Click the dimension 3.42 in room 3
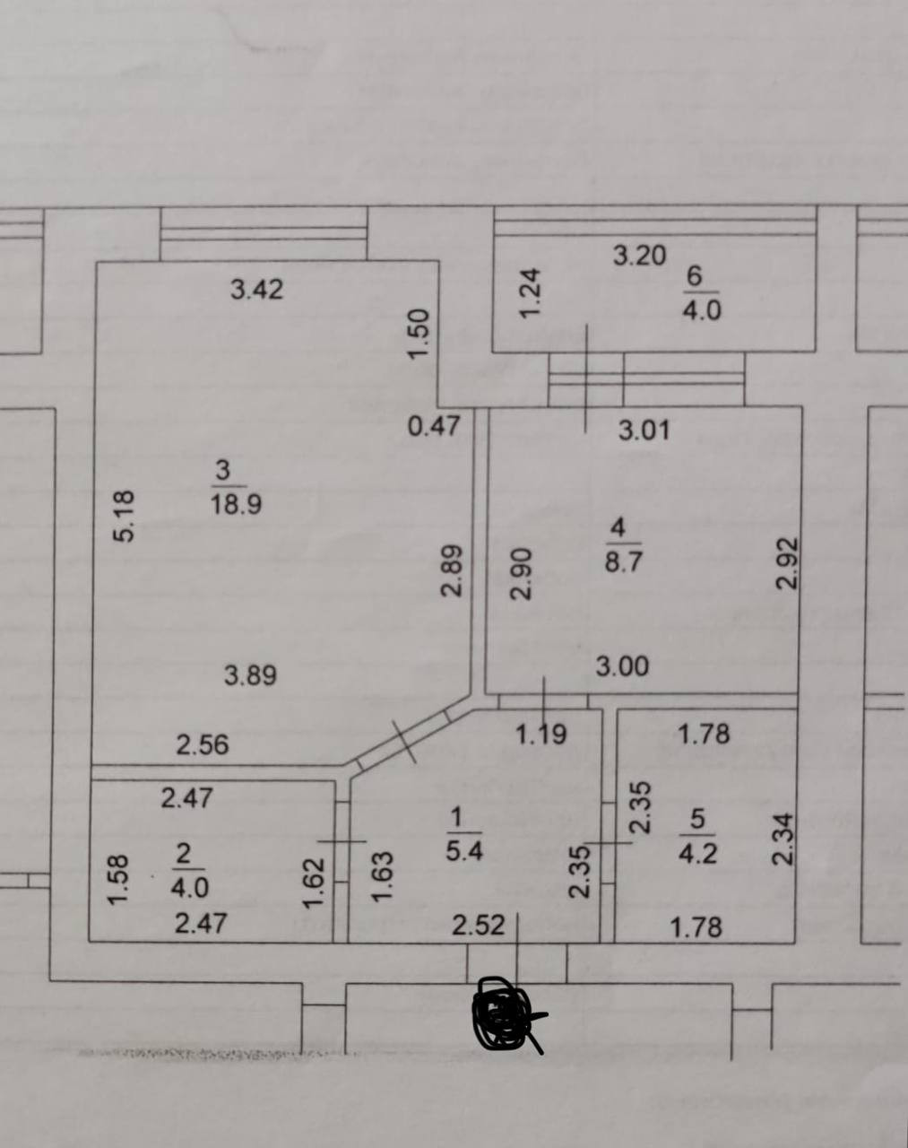[x=256, y=290]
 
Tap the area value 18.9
[x=236, y=505]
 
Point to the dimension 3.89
[x=250, y=675]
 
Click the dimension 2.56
[x=202, y=745]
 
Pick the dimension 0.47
[x=434, y=426]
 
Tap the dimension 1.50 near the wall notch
[x=419, y=334]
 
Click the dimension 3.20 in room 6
[x=639, y=256]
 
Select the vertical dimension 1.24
[x=532, y=292]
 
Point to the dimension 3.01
[x=644, y=431]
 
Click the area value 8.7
[x=624, y=562]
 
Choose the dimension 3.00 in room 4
[x=622, y=666]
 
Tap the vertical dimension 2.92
[x=786, y=562]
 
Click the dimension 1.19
[x=541, y=735]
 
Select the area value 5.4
[x=464, y=849]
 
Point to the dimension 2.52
[x=479, y=926]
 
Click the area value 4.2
[x=697, y=852]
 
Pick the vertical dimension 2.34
[x=783, y=839]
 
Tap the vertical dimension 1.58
[x=119, y=880]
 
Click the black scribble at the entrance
[x=506, y=1014]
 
